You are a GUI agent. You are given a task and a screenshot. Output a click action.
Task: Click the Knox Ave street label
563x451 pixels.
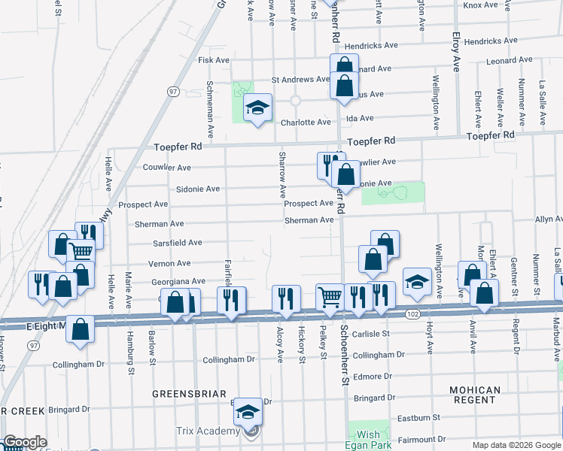tap(481, 5)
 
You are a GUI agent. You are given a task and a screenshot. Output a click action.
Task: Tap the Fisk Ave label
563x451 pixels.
tap(213, 59)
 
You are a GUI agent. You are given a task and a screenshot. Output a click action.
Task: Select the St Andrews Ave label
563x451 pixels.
tap(300, 79)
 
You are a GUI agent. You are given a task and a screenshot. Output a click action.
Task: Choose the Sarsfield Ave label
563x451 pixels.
tap(178, 243)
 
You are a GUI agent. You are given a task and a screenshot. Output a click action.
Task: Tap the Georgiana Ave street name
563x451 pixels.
tap(178, 281)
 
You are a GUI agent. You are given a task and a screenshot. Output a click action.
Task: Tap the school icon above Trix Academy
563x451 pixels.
tap(248, 411)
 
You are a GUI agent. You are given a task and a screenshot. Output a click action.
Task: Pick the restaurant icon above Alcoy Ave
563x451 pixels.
tap(285, 298)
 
